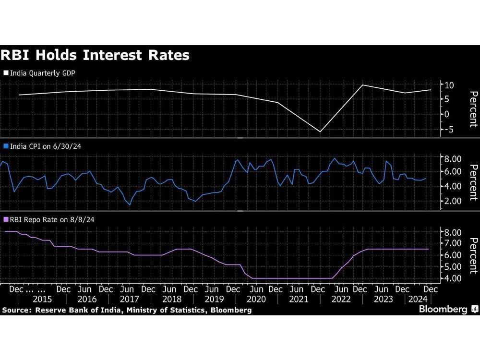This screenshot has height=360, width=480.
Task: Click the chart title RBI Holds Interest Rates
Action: click(95, 55)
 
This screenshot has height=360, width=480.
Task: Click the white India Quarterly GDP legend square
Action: click(6, 73)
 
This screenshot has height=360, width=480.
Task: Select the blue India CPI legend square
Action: click(6, 146)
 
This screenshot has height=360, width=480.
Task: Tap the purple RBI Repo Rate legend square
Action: click(6, 219)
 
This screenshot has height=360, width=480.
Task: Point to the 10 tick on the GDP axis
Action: click(450, 85)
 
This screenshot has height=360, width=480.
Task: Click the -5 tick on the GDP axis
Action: click(449, 130)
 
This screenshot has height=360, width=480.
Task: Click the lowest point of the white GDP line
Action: click(320, 132)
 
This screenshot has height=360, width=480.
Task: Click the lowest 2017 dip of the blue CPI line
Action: click(130, 205)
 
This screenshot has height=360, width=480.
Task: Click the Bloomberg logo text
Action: click(444, 310)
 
